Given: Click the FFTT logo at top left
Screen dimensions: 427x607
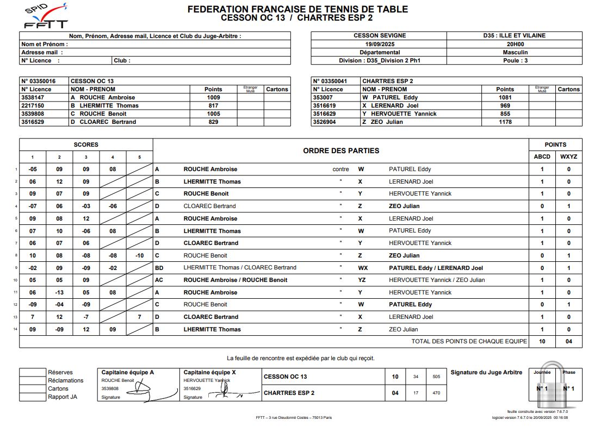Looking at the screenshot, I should (46, 16).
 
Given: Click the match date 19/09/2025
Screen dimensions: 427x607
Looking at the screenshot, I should (379, 44).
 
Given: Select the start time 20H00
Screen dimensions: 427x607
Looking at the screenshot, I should (515, 44).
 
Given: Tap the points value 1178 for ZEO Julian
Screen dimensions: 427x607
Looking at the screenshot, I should (505, 122).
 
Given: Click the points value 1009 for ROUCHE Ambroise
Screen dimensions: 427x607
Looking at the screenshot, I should (213, 98).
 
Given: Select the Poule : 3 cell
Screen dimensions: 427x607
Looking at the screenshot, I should (515, 61).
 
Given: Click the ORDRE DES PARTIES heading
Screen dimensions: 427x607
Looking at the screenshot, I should (340, 150).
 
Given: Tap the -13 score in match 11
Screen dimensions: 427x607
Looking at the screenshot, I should (59, 292).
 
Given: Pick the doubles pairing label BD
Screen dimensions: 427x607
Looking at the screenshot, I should (159, 268).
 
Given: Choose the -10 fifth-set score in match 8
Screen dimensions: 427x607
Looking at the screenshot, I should (139, 255).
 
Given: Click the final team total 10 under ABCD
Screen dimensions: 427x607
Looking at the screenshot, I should (542, 342).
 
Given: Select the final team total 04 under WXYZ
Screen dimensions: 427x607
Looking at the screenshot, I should (568, 342).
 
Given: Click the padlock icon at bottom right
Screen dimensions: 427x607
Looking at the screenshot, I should (554, 387).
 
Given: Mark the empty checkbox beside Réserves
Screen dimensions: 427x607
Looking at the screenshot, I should (32, 373).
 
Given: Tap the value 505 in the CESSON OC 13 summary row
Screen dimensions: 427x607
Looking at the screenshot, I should (436, 376).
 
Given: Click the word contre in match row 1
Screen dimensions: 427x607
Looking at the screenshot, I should (340, 169).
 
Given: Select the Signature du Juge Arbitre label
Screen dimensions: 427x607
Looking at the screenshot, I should (486, 372).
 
